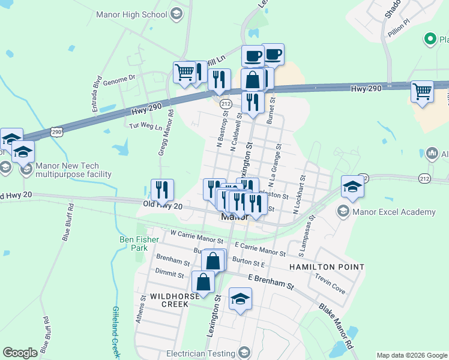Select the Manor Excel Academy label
[394, 212]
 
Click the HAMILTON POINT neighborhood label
[327, 266]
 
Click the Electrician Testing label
[200, 353]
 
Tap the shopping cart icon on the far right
[422, 92]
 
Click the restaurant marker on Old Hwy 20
[162, 190]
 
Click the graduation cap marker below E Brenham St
[240, 299]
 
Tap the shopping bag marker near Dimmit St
[203, 282]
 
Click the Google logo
[20, 353]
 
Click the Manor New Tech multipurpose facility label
[73, 170]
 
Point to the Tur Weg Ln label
[146, 127]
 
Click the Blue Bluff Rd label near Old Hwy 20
[67, 223]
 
